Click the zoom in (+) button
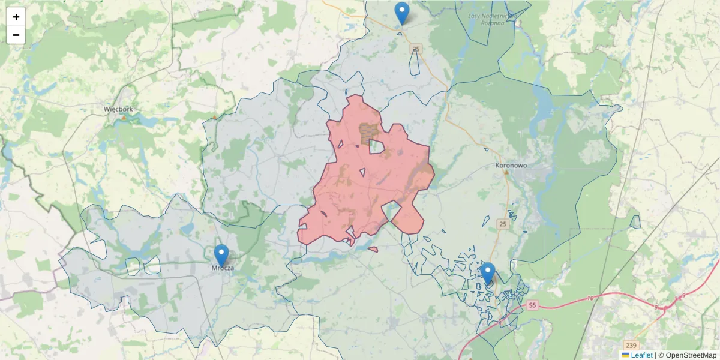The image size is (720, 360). coord(16,17)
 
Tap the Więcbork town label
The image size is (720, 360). coord(118,109)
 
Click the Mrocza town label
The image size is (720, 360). coord(223,268)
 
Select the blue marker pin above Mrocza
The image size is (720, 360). coord(221,256)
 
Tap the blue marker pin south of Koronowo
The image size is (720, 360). coord(488,274)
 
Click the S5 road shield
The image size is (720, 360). coord(532,305)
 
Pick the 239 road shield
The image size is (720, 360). coord(630,346)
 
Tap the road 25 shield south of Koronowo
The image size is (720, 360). coord(503,224)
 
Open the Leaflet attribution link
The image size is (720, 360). coord(641,355)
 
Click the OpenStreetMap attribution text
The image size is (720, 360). coord(687,355)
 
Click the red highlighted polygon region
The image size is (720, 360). coord(360,192)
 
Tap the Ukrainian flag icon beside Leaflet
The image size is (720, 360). coord(625,355)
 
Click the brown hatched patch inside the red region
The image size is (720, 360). coord(367,133)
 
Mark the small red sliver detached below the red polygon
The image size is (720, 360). coord(373,249)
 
